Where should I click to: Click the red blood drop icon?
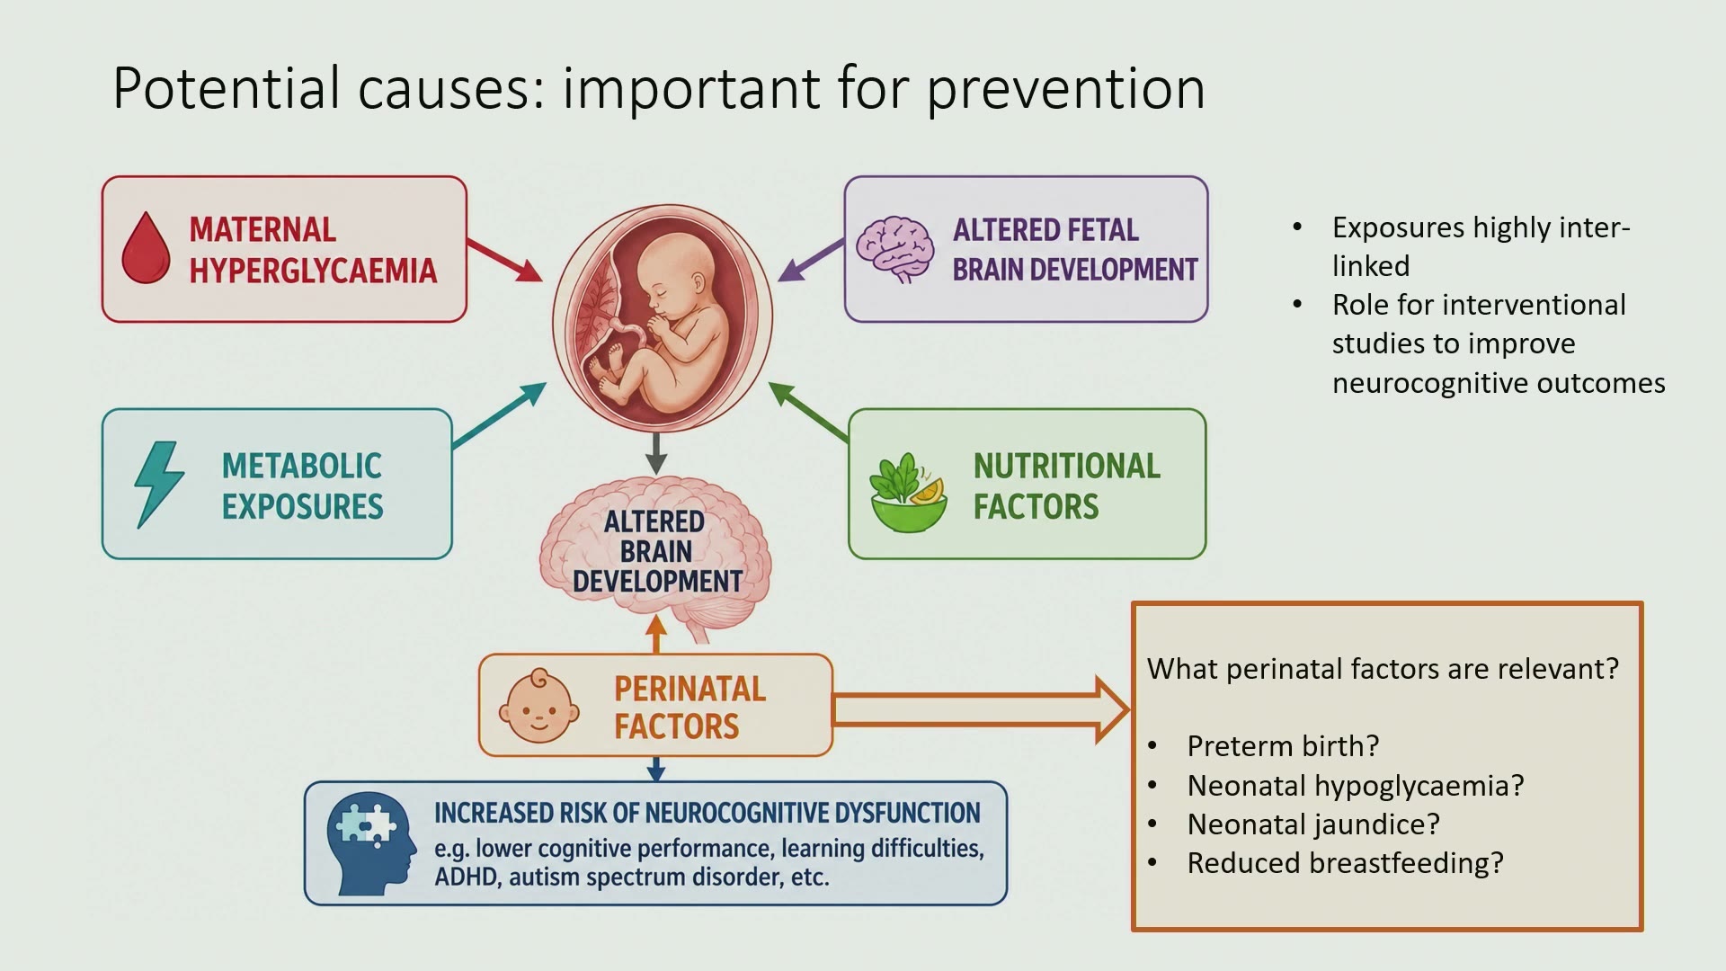click(146, 248)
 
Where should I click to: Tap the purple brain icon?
click(894, 249)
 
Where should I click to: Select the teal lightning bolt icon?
click(159, 484)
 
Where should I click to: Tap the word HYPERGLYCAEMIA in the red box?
click(313, 271)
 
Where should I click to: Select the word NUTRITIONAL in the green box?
click(1067, 466)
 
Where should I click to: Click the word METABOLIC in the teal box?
click(302, 466)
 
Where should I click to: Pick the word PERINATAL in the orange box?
click(690, 689)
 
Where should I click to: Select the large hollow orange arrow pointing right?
click(981, 709)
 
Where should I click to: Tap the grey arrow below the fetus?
click(656, 453)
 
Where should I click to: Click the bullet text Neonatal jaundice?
click(1313, 824)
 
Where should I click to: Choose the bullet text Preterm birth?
click(1283, 746)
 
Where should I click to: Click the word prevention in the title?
click(1065, 90)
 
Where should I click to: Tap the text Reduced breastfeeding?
click(1345, 863)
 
